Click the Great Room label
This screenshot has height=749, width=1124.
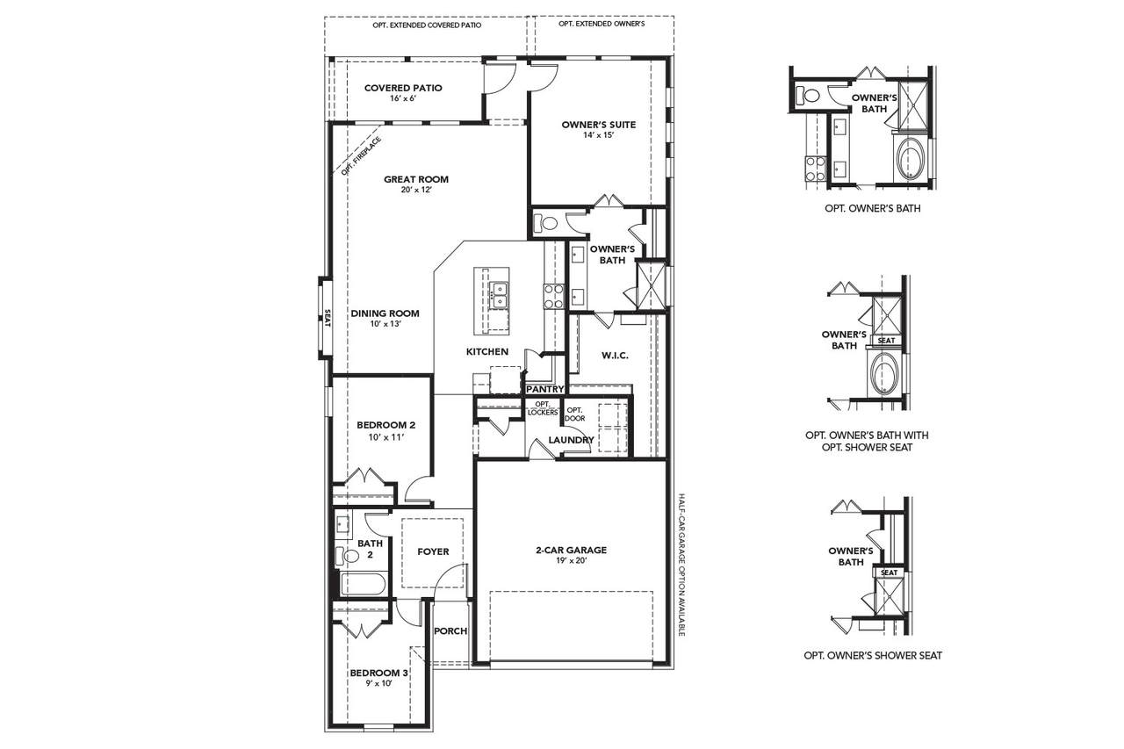click(x=416, y=179)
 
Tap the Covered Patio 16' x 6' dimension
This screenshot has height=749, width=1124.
click(x=403, y=99)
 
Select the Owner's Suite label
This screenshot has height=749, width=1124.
click(x=599, y=125)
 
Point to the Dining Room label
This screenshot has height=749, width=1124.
click(x=385, y=313)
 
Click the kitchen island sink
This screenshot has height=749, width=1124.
click(x=498, y=296)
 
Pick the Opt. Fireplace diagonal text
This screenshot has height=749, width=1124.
click(x=361, y=156)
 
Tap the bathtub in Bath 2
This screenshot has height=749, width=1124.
click(x=364, y=584)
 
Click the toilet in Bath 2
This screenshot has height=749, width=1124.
click(x=347, y=555)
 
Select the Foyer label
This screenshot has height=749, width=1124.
click(x=433, y=551)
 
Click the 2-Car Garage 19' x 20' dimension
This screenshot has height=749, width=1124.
click(x=571, y=561)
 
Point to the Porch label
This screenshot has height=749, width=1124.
click(x=450, y=631)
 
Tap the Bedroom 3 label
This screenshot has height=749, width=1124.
click(x=378, y=673)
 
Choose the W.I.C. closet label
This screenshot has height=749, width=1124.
click(x=615, y=356)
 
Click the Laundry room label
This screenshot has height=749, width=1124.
click(x=571, y=440)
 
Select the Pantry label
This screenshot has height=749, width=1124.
click(x=545, y=389)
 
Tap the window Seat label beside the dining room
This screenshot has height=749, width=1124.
click(x=328, y=318)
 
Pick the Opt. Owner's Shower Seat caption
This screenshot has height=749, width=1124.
click(x=873, y=655)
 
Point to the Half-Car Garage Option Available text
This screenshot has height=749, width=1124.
click(x=681, y=565)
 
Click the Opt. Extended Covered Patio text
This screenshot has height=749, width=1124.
click(x=427, y=25)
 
